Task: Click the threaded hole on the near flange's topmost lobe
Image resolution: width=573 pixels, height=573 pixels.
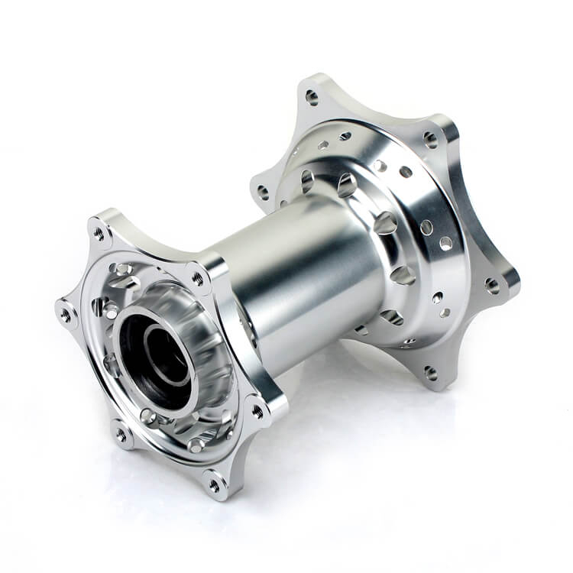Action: coord(98,231)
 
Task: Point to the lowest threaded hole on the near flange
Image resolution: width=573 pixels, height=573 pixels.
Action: coord(215,483)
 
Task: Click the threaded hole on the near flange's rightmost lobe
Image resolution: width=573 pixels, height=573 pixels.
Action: coord(257,410)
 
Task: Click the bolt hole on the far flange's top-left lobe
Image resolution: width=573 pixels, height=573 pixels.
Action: coord(312,97)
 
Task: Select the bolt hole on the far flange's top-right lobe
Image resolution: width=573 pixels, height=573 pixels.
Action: coord(430,140)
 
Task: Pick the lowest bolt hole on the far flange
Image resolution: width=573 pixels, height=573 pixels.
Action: coord(431,373)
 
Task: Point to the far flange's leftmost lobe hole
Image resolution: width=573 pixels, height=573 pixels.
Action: coord(264,191)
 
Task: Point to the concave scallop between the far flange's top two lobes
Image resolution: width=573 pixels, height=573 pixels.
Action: coord(374,111)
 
